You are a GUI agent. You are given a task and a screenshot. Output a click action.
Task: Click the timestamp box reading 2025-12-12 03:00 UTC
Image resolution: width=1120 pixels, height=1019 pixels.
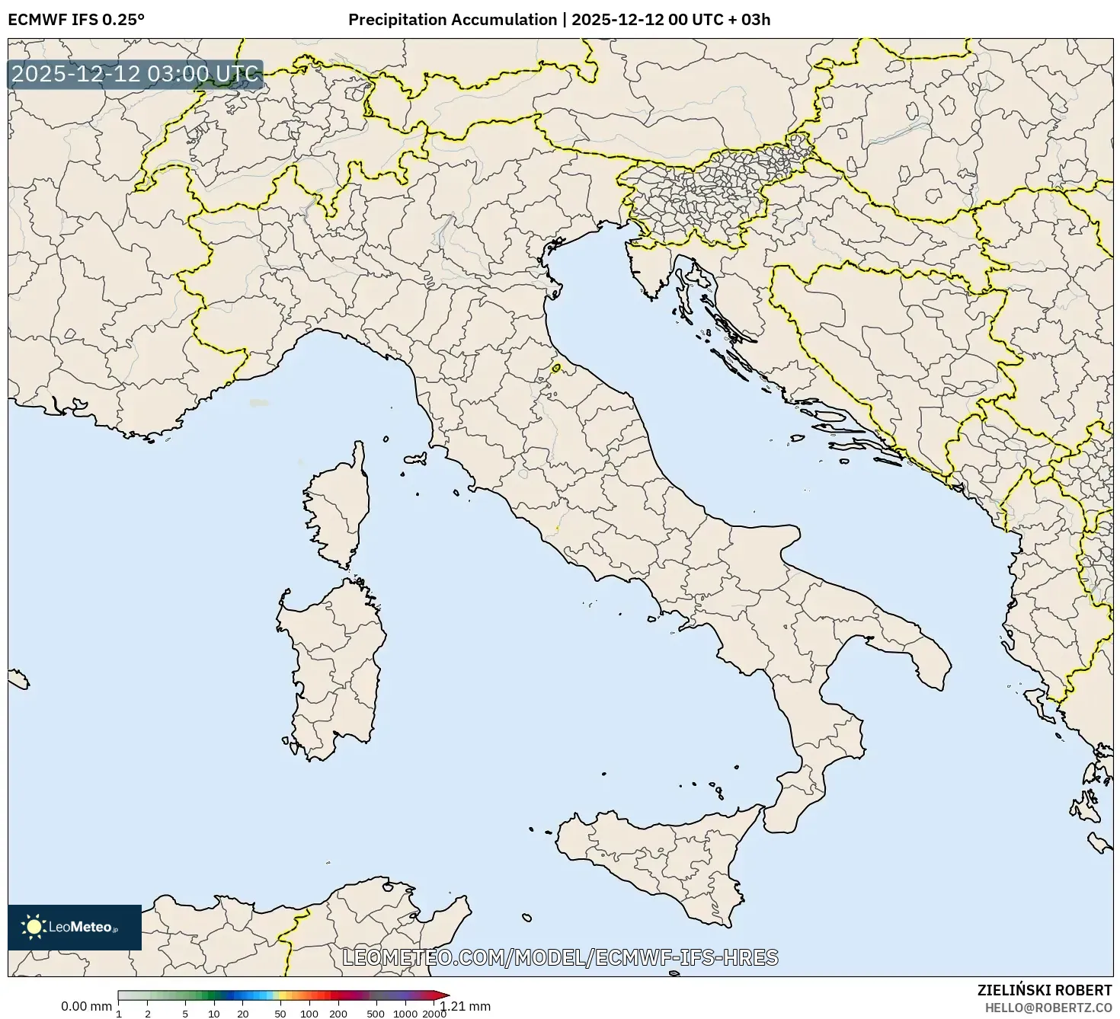coord(135,75)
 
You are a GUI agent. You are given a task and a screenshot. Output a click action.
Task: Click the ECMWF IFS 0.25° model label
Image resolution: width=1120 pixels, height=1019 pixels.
coord(75,20)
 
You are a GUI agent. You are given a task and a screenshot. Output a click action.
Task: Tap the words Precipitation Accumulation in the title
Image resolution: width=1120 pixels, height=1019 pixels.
coord(452,20)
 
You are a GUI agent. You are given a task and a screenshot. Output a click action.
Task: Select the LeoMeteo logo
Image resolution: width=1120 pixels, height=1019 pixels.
coord(74,927)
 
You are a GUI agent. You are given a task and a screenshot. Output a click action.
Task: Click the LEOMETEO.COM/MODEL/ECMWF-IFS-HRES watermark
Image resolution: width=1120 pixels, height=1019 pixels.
coord(560,957)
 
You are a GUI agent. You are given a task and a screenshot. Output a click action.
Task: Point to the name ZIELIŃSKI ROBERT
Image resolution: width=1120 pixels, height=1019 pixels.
coord(1044,990)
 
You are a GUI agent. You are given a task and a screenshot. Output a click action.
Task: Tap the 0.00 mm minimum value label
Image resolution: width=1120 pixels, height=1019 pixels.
coord(86,1006)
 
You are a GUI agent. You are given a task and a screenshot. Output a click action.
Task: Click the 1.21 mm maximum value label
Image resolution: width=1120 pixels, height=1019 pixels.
coord(466,1006)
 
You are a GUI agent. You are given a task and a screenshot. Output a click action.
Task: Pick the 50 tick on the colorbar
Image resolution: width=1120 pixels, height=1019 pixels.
coord(280,1013)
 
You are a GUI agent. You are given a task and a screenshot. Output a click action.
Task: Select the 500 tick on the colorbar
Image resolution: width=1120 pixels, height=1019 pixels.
coord(376,1013)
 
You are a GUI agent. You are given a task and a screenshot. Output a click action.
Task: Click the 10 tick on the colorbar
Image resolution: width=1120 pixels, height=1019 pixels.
coord(214,1013)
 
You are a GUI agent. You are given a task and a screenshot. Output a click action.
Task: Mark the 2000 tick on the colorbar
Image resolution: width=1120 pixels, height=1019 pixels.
coord(434,1013)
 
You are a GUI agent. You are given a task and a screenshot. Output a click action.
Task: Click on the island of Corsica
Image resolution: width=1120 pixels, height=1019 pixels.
coord(340,506)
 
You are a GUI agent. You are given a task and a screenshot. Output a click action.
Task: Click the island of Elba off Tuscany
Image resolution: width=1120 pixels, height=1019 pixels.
coord(416,459)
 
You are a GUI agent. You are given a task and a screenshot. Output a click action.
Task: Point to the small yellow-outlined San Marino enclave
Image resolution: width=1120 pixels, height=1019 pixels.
coord(556,369)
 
